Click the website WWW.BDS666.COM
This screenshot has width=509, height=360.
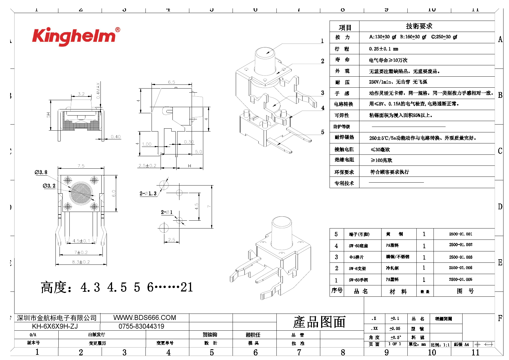tap(145, 318)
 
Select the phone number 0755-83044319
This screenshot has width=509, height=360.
tap(141, 326)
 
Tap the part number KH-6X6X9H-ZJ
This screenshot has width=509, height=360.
tap(55, 326)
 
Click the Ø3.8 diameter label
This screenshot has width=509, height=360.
tap(41, 172)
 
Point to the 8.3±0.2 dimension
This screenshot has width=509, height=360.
tap(81, 262)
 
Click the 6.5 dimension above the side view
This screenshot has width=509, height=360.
tap(172, 82)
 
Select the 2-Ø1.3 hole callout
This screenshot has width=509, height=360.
tap(148, 193)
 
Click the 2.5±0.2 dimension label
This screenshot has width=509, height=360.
tap(148, 165)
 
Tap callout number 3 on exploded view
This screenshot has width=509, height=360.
tap(322, 93)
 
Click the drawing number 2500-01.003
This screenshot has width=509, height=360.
tap(461, 257)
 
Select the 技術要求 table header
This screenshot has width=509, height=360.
tap(419, 26)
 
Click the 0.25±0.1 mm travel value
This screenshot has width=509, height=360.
tap(384, 49)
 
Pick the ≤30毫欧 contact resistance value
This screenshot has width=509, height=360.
tap(380, 150)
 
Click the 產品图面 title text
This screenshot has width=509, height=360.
tap(319, 322)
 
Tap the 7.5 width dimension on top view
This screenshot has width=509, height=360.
tap(81, 166)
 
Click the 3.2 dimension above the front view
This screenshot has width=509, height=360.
tap(81, 94)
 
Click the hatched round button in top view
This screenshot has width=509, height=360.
tap(81, 193)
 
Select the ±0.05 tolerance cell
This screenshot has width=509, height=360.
tap(395, 328)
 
